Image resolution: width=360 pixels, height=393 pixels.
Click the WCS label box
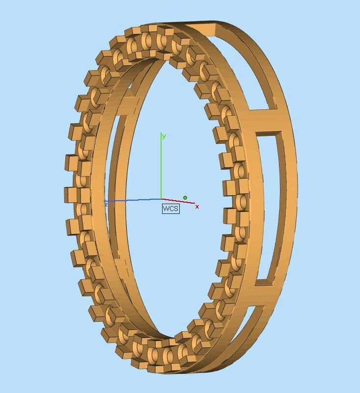(170, 209)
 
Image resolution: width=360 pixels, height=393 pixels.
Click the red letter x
(197, 207)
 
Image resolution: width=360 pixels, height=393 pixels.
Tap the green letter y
(164, 136)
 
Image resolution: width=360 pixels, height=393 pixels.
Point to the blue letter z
(106, 204)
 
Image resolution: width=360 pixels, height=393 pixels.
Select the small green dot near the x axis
(185, 198)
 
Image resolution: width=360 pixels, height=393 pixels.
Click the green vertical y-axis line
(161, 167)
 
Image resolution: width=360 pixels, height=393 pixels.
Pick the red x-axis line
(179, 201)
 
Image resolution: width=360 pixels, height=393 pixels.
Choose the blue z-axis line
(133, 200)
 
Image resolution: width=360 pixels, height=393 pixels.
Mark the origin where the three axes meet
(162, 199)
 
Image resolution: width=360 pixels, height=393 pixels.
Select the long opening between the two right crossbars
(273, 206)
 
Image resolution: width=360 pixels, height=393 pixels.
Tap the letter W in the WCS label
(166, 209)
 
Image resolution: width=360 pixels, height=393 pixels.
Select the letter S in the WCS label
(175, 209)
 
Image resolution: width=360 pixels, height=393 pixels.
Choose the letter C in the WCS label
(171, 209)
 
